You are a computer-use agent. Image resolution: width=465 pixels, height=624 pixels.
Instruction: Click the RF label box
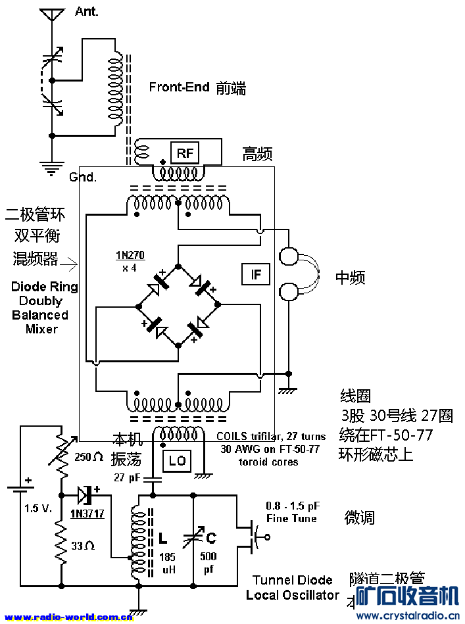point(185,153)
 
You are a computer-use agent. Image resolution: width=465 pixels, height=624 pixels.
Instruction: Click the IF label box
point(255,274)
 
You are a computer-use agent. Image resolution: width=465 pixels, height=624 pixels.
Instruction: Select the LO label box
point(177,461)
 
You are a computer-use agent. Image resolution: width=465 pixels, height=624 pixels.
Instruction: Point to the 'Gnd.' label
point(83,178)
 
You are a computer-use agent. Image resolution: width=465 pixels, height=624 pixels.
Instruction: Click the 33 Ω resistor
point(61,544)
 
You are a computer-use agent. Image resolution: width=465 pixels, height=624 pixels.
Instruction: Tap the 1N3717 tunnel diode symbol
point(85,493)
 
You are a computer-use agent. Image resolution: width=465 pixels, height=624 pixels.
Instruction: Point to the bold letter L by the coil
point(162,539)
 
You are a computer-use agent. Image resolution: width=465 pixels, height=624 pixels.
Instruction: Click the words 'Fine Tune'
point(291,518)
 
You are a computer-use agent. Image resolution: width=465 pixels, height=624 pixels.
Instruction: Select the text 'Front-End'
point(179,87)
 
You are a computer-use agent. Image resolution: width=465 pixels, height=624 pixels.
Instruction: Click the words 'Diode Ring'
point(44,287)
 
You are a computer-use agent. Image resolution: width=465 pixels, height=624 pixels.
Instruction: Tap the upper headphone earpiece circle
point(289,255)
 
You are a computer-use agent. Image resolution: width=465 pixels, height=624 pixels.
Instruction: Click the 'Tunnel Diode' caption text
point(293,581)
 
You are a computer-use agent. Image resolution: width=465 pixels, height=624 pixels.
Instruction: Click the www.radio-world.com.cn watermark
point(68,617)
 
